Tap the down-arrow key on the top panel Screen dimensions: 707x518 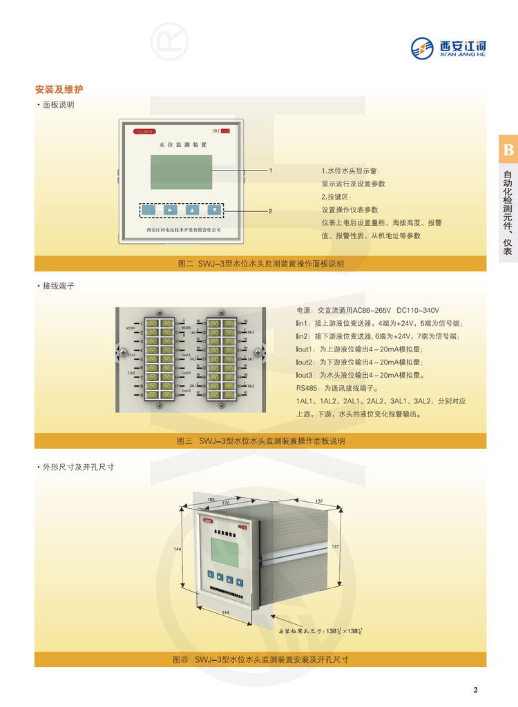(215, 210)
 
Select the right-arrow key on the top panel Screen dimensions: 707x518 (171, 210)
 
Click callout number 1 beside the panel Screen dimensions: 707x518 (271, 170)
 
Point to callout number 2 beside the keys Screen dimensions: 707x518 (270, 211)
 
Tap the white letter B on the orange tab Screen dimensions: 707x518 (508, 150)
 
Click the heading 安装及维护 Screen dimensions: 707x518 (59, 90)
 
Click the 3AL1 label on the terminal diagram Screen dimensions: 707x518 (251, 359)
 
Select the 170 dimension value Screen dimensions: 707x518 (226, 504)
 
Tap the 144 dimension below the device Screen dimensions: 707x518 (225, 613)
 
